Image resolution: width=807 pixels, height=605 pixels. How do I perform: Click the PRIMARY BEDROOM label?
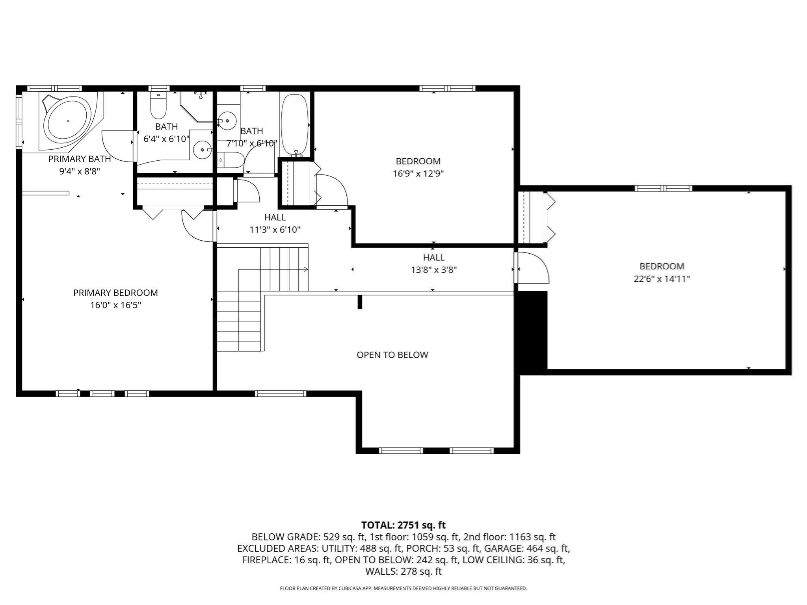tap(115, 293)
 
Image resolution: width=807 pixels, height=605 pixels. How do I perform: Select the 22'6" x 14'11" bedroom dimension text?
tap(662, 279)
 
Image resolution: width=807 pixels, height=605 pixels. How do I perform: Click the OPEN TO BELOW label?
tap(392, 355)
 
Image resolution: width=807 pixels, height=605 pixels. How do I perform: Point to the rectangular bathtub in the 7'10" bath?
tap(294, 124)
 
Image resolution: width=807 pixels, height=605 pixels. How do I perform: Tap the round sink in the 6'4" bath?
tap(203, 150)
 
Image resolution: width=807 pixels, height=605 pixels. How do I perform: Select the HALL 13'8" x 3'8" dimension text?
tap(433, 270)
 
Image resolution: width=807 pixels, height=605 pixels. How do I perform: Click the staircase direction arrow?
tap(305, 269)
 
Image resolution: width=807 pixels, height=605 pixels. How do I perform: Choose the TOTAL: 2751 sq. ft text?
tap(403, 525)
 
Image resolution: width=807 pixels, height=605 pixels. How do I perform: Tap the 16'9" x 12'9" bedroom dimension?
tap(418, 174)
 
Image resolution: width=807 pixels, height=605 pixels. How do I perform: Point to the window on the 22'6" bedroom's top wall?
tap(664, 188)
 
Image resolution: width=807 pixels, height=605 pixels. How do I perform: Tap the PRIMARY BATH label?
tap(80, 159)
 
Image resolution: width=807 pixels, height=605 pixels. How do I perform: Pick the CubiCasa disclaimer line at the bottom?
tap(403, 588)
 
